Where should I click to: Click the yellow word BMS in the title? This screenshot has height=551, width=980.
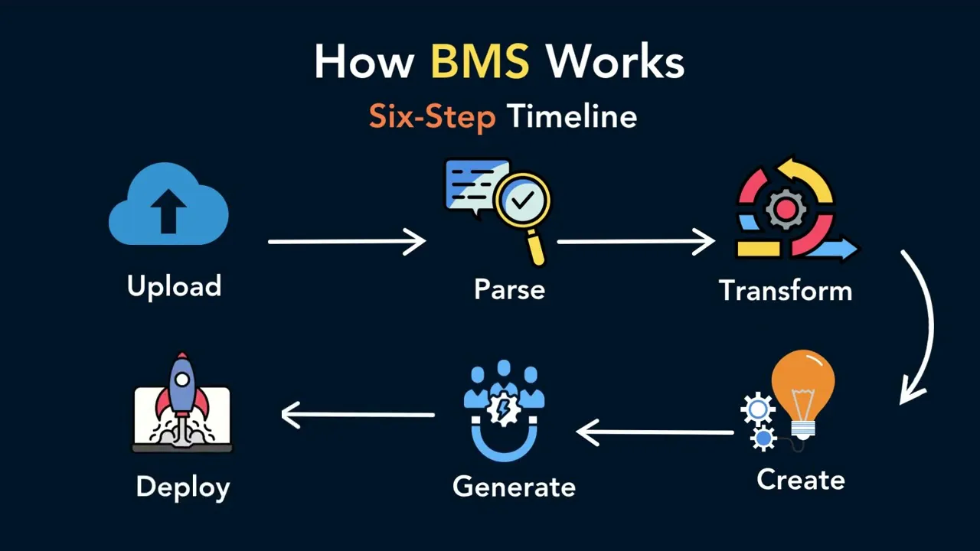[x=480, y=61]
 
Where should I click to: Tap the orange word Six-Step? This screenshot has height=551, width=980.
[x=433, y=116]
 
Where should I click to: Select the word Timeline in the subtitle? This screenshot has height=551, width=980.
[x=572, y=116]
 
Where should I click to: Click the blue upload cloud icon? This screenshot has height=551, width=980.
[x=168, y=204]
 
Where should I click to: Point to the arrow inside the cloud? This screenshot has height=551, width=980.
[x=168, y=211]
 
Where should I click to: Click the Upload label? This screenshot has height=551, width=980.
[x=174, y=286]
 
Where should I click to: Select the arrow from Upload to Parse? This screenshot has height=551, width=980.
[x=347, y=241]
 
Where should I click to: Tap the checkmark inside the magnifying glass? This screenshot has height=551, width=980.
[x=522, y=201]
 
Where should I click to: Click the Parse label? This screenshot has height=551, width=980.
[x=510, y=289]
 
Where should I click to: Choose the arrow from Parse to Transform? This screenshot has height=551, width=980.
[x=636, y=241]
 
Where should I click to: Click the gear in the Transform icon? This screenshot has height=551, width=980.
[x=786, y=209]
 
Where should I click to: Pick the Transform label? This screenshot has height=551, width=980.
[x=786, y=290]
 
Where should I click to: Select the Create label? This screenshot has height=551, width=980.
[x=801, y=480]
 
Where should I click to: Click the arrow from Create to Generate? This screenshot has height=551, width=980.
[x=655, y=432]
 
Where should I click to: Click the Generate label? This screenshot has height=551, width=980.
[x=514, y=487]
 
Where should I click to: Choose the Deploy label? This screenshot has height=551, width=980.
[x=183, y=487]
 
